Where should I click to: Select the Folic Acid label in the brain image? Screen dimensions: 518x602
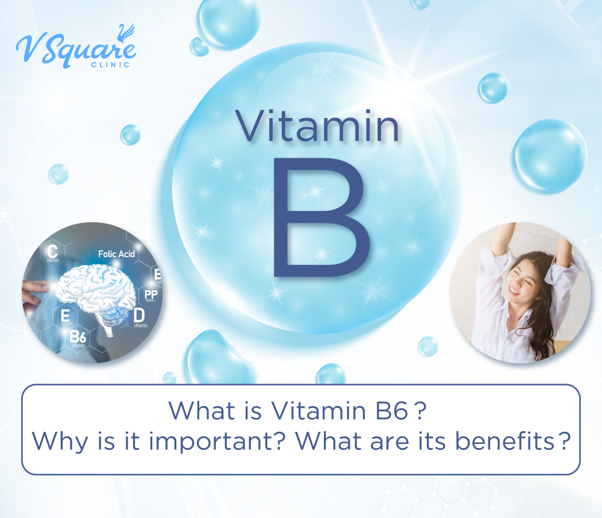[x=116, y=254]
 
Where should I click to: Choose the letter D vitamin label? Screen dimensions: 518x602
[x=139, y=315]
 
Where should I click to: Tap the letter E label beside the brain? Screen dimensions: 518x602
[x=64, y=315]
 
